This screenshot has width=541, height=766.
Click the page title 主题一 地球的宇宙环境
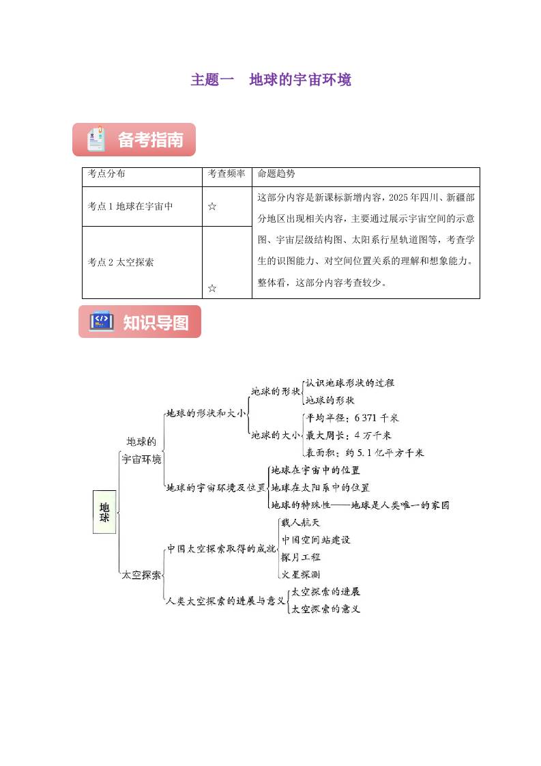pos(270,80)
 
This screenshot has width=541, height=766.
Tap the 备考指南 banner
pos(134,140)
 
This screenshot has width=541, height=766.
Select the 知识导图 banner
pos(140,322)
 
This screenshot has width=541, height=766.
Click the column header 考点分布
pos(106,173)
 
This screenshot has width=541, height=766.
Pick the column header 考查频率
pos(226,173)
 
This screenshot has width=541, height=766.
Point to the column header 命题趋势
pos(276,173)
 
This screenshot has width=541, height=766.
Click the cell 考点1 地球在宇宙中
pos(130,206)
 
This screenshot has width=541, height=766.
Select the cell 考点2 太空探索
pos(121,262)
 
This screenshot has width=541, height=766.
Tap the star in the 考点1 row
pos(212,207)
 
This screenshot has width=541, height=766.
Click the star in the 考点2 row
pos(212,288)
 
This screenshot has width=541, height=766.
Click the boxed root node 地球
pos(104,512)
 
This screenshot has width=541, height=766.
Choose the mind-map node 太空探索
pos(141,575)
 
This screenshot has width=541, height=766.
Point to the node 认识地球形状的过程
pos(350,383)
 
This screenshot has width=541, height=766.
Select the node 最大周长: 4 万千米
pos(349,436)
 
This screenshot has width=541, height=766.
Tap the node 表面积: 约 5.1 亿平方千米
pos(365,453)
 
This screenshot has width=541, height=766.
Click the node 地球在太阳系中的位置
pos(321,487)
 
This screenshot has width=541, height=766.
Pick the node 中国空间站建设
pos(316,540)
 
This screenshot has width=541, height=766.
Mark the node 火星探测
pos(301,575)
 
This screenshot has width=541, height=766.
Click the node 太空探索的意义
pos(325,609)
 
